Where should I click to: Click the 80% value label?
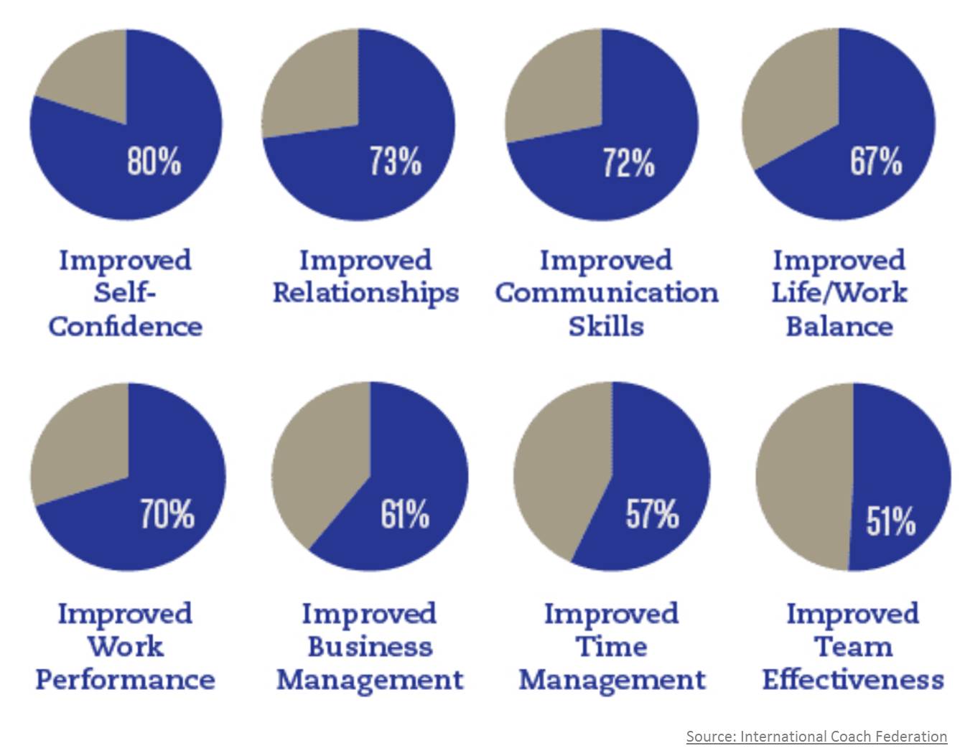point(154,160)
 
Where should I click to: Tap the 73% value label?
point(396,160)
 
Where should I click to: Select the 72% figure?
point(628,162)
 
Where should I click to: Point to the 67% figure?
point(876,160)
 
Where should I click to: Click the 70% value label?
point(167,514)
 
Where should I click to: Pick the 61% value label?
point(405,514)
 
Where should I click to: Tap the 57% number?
point(652,514)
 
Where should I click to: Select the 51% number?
point(890,521)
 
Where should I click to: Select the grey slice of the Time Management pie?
point(560,474)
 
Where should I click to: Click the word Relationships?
point(365,294)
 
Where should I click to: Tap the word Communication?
point(607,293)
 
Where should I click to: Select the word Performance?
point(125,679)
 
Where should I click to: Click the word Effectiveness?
point(853,679)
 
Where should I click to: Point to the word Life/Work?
point(839,293)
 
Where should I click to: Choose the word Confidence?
point(125,327)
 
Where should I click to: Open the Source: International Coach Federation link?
point(816,736)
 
